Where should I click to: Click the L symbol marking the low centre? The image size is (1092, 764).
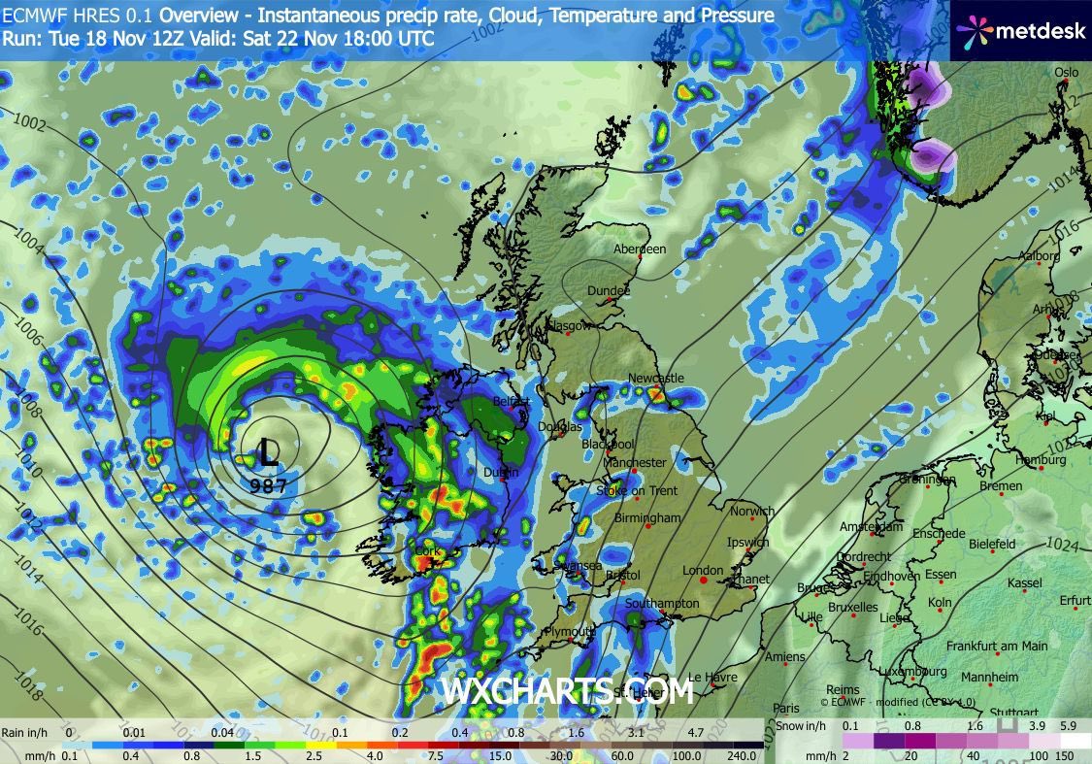point(268,450)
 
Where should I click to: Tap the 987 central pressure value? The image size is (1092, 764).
point(268,485)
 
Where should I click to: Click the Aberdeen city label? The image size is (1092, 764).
point(640,249)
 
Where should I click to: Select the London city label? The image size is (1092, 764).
point(703,571)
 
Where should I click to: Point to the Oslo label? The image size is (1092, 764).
point(1067,73)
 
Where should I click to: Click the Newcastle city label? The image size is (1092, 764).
point(656,379)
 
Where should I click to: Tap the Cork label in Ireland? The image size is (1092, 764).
point(427,551)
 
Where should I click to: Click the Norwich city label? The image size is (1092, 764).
point(752,512)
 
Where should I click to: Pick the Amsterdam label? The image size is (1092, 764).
point(871,527)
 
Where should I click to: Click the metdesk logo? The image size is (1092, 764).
point(1020,31)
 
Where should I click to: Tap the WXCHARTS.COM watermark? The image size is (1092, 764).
point(568,691)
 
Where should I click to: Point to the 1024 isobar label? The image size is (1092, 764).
point(1065,547)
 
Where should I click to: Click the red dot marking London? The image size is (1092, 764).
point(704,581)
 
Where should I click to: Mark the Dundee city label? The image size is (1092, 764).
point(609,291)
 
